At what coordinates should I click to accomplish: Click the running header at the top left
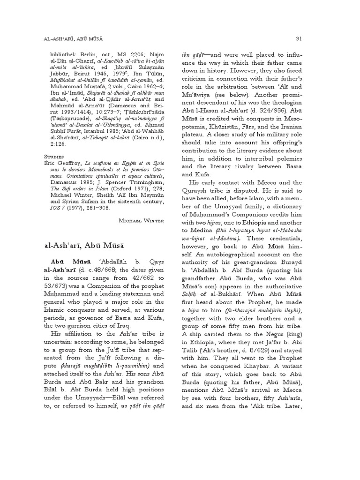77,37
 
